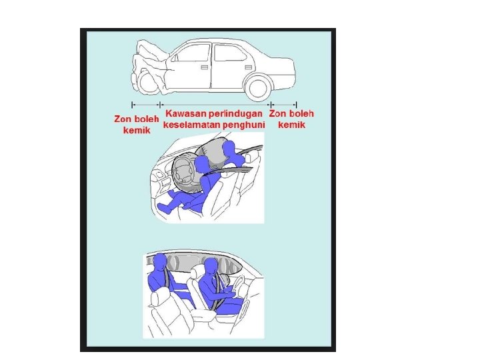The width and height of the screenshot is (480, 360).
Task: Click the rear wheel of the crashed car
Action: (x=259, y=88)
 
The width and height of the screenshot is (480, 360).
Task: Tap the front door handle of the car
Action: (x=204, y=67)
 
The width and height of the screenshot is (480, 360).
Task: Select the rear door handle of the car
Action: (x=248, y=67)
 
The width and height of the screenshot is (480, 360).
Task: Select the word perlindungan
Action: (x=236, y=114)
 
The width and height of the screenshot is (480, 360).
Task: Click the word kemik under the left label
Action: (x=137, y=130)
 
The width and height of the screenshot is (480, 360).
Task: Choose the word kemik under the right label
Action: (x=292, y=125)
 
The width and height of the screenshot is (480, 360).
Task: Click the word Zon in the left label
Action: (x=123, y=119)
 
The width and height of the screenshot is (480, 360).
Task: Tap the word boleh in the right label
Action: (x=301, y=113)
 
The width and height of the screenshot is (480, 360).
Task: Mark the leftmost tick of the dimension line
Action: (x=132, y=105)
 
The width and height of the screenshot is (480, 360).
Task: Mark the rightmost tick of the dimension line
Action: (x=296, y=105)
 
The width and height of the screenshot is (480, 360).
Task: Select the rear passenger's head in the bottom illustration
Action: (x=160, y=263)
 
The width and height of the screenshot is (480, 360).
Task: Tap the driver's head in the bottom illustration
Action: (x=211, y=267)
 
